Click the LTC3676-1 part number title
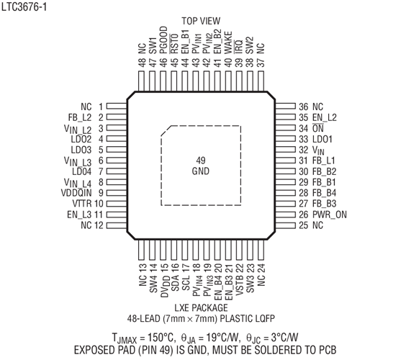pyautogui.click(x=24, y=7)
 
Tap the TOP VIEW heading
pyautogui.click(x=201, y=21)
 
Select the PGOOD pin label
pyautogui.click(x=163, y=40)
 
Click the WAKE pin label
pyautogui.click(x=228, y=42)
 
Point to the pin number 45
pyautogui.click(x=174, y=63)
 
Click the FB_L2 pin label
pyautogui.click(x=80, y=117)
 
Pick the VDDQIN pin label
pyautogui.click(x=76, y=193)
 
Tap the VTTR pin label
pyautogui.click(x=82, y=204)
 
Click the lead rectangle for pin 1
pyautogui.click(x=117, y=107)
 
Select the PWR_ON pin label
pyautogui.click(x=330, y=215)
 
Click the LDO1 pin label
pyautogui.click(x=322, y=139)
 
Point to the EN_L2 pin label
pyautogui.click(x=325, y=117)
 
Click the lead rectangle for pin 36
pyautogui.click(x=285, y=107)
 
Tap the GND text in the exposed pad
pyautogui.click(x=201, y=171)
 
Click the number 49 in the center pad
pyautogui.click(x=201, y=161)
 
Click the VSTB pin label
pyautogui.click(x=239, y=285)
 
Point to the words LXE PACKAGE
pyautogui.click(x=201, y=307)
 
